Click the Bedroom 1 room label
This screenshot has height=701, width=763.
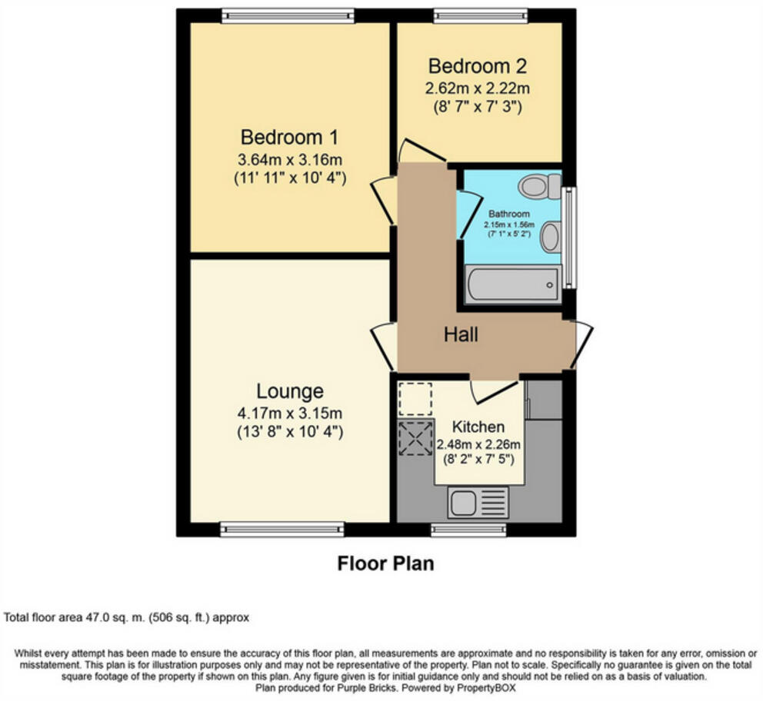point(289,138)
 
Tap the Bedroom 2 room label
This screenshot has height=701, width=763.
point(478,65)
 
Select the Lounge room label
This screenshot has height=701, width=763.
point(289,391)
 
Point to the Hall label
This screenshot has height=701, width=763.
point(461,335)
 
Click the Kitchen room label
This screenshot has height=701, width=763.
point(478,427)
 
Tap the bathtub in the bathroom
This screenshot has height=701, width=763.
point(512,285)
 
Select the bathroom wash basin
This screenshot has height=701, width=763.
point(549,237)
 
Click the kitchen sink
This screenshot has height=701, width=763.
point(478,503)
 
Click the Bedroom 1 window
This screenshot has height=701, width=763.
point(288,15)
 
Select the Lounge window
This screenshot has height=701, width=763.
point(282,529)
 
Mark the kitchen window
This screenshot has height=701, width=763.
point(468,529)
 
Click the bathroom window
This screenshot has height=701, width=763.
point(568,238)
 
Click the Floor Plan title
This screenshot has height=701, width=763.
point(385,563)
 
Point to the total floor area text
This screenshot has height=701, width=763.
point(127,617)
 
